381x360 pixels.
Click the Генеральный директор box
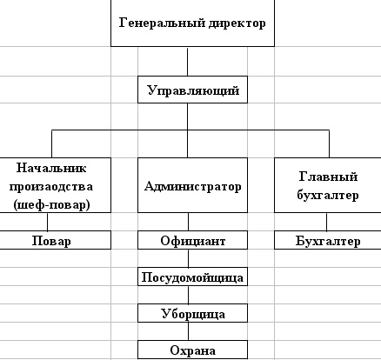[x=192, y=23]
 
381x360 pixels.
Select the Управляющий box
[x=192, y=90]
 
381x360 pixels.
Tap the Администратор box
[x=192, y=185]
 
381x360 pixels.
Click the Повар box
[x=55, y=240]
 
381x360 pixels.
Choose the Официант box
[x=192, y=240]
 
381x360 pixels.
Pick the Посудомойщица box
[x=192, y=277]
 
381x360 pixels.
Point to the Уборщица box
[x=192, y=313]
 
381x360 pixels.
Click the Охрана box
[x=192, y=350]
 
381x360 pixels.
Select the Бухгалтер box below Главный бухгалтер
[x=328, y=240]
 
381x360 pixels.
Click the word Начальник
[x=51, y=168]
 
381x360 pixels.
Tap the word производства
[x=51, y=187]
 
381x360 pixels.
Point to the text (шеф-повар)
[x=51, y=205]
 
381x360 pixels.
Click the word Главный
[x=328, y=177]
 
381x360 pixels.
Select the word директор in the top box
[x=237, y=23]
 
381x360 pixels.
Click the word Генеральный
[x=163, y=23]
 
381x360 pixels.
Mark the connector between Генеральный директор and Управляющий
[x=187, y=62]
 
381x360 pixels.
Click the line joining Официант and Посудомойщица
[x=188, y=258]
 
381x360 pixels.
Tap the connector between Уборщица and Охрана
[x=188, y=331]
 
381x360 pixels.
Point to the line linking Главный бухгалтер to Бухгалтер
[x=327, y=222]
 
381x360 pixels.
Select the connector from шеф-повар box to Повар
[x=47, y=222]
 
